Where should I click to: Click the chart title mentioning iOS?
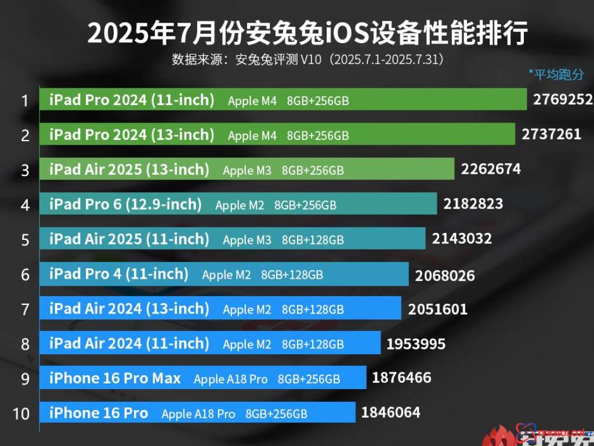point(307,34)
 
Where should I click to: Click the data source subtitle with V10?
point(307,59)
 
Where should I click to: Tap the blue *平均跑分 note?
point(556,74)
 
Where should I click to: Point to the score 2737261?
point(551,135)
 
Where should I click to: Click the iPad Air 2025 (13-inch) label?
point(129,170)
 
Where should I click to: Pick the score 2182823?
point(473,204)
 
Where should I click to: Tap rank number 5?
point(25,240)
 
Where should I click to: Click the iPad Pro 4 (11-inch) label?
point(119,274)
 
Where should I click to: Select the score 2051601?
point(437,309)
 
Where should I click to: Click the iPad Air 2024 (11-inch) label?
point(129,343)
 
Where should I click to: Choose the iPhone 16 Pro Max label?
point(115,379)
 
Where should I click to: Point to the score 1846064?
point(390,413)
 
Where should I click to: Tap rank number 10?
point(21,413)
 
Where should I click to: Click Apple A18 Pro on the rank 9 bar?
point(231,379)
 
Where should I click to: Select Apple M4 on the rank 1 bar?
point(252,101)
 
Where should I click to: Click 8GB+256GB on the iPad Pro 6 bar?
point(305,206)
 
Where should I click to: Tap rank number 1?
point(25,101)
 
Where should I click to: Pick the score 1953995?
point(416,344)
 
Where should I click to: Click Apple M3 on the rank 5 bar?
point(247,240)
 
